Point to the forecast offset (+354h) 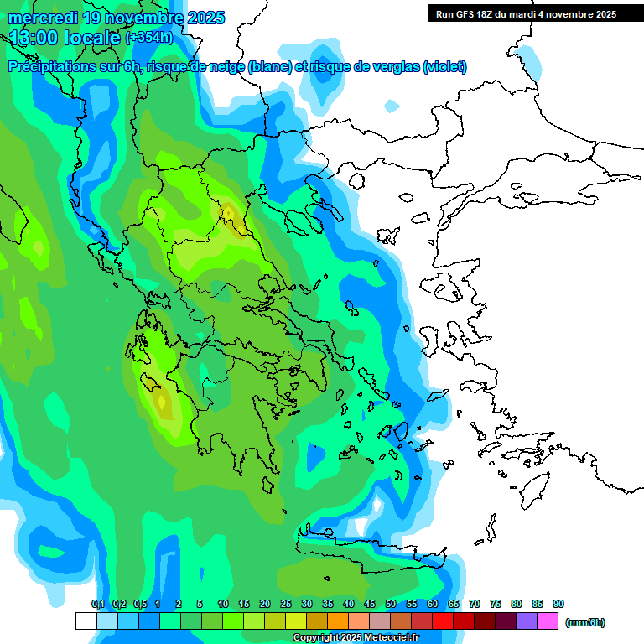click(x=149, y=38)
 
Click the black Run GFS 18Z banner click(x=526, y=14)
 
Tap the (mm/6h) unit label click(x=585, y=622)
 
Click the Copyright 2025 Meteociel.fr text click(x=356, y=638)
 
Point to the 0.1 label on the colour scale click(x=97, y=605)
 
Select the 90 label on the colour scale click(x=558, y=605)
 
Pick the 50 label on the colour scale click(x=391, y=605)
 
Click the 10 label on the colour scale click(x=223, y=605)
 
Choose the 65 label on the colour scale click(x=454, y=605)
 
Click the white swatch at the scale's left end click(x=86, y=621)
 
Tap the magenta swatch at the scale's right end click(x=548, y=621)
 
